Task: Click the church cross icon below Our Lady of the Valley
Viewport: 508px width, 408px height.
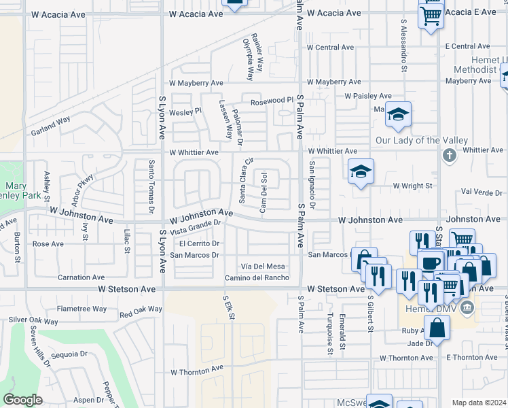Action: pos(448,156)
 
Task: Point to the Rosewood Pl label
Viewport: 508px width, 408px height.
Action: pos(272,101)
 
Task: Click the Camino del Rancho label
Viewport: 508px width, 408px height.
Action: pos(257,277)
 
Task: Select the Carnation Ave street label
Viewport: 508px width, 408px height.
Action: pos(81,277)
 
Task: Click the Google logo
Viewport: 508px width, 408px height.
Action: pos(22,400)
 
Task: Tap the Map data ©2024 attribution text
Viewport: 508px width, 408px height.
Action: pos(479,403)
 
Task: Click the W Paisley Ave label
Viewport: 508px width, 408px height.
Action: pos(368,96)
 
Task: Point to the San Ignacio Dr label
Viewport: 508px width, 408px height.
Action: pos(312,185)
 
